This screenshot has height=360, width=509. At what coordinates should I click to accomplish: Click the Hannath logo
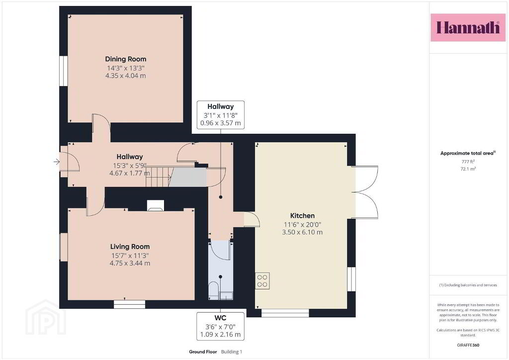[x=468, y=27]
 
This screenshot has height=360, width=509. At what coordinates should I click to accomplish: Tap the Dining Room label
[x=126, y=59]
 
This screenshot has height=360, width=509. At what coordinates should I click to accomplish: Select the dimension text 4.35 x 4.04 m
[x=126, y=76]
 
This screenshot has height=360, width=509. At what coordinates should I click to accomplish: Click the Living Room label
[x=130, y=247]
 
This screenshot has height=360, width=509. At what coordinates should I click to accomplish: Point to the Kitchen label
[x=302, y=215]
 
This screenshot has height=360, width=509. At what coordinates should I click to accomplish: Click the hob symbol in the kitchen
[x=262, y=281]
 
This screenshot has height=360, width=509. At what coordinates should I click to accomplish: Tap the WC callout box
[x=220, y=326]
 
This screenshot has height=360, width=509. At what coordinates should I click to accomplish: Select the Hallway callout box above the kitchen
[x=220, y=115]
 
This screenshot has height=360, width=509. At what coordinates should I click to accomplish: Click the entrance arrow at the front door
[x=57, y=161]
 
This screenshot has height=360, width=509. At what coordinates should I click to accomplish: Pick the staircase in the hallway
[x=159, y=177]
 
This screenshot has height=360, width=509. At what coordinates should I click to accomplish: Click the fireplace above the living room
[x=156, y=206]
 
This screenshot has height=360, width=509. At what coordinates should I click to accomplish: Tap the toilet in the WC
[x=213, y=290]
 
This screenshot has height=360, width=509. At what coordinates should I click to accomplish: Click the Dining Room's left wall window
[x=63, y=72]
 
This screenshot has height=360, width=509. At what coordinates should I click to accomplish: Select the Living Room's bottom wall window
[x=129, y=304]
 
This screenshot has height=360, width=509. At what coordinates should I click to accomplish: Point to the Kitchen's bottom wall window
[x=285, y=313]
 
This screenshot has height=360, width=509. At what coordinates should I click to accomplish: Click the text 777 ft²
[x=468, y=161]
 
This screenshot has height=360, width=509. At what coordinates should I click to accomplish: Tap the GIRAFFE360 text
[x=468, y=345]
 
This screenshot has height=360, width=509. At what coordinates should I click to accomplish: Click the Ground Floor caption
[x=203, y=352]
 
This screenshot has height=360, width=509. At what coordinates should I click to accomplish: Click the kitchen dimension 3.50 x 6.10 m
[x=302, y=232]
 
